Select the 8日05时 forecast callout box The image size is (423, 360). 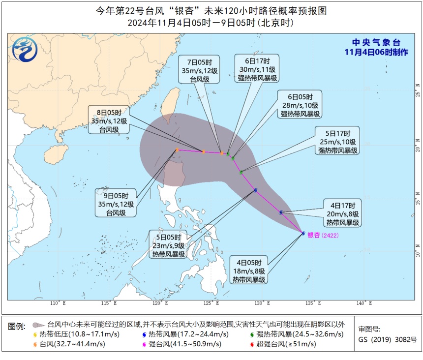pyautogui.click(x=109, y=120)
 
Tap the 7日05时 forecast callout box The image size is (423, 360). pyautogui.click(x=201, y=71)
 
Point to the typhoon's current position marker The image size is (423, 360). pyautogui.click(x=303, y=233)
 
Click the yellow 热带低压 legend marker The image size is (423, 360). pyautogui.click(x=34, y=334)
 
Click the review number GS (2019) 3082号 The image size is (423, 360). pyautogui.click(x=387, y=339)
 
